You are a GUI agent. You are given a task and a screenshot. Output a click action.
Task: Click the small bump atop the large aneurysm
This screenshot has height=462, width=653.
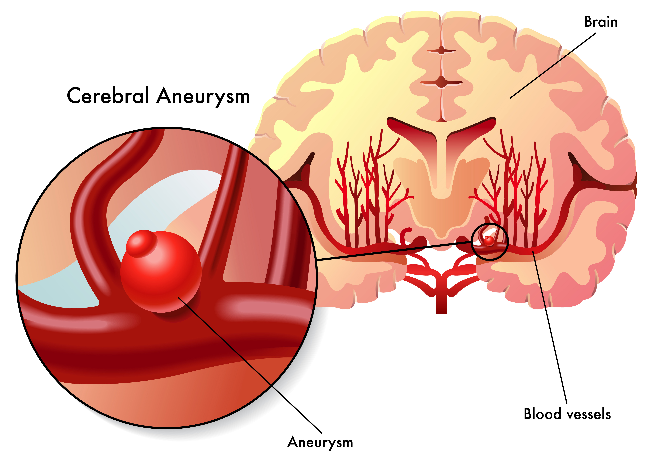[x=141, y=243]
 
